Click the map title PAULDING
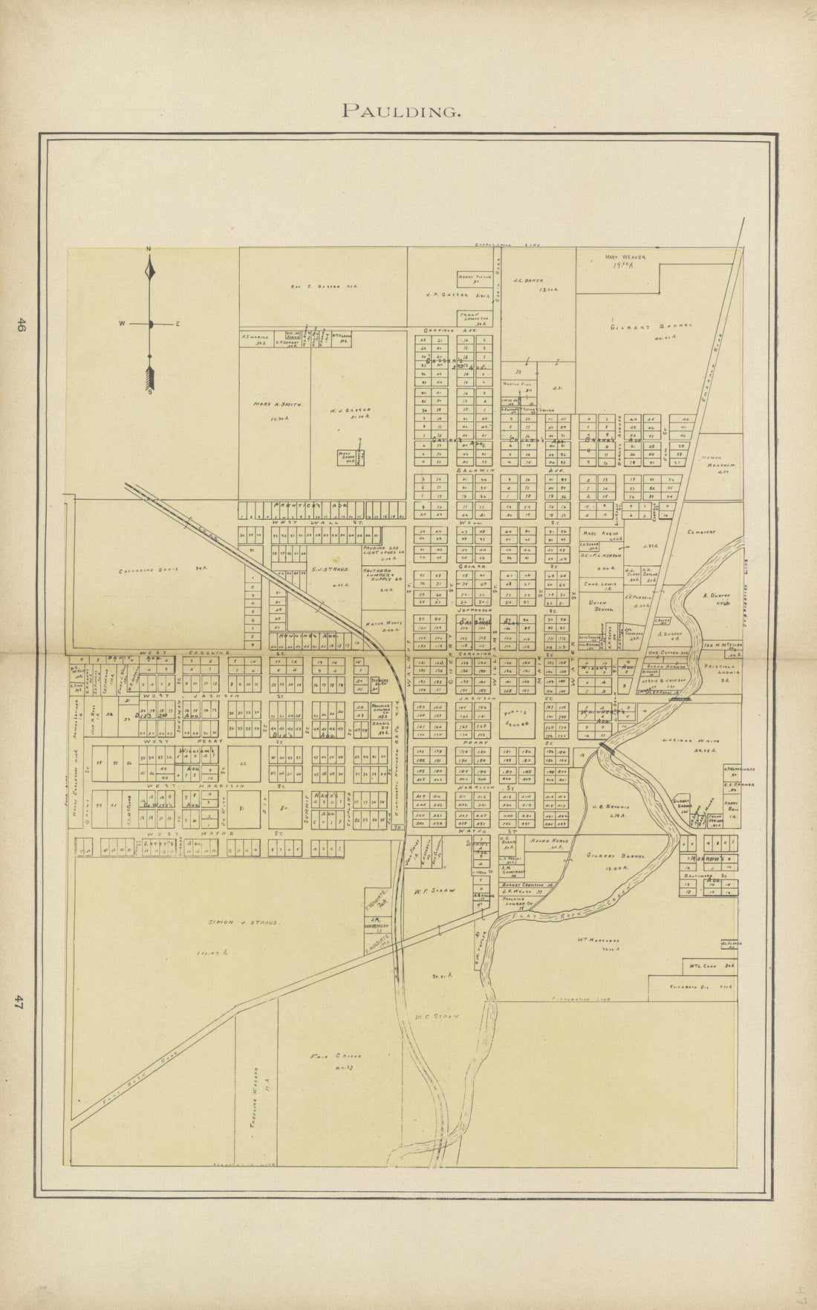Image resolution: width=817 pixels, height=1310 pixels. click(400, 111)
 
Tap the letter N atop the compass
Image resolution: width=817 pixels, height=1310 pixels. click(149, 248)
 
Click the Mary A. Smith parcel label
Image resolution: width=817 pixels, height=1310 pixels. click(278, 405)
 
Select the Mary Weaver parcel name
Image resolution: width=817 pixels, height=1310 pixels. click(625, 258)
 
